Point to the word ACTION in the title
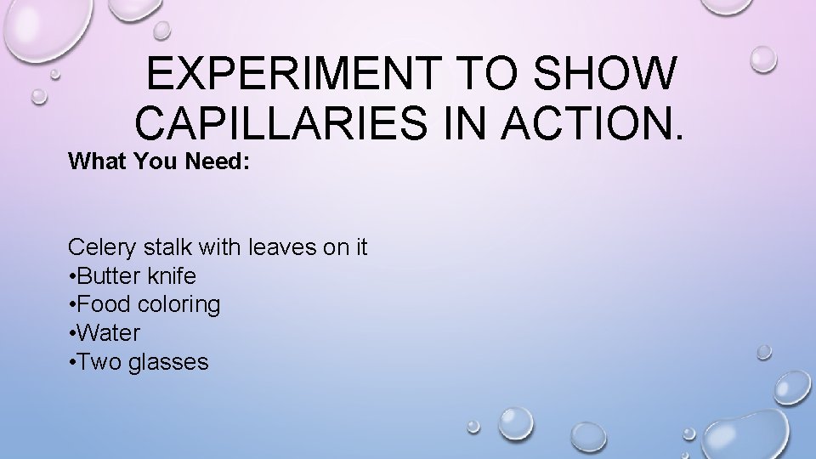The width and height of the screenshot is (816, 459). click(x=587, y=125)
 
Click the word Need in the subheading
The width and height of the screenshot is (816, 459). click(x=218, y=161)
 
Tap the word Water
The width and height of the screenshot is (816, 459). click(x=109, y=333)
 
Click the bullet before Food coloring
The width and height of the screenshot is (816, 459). click(x=72, y=305)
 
